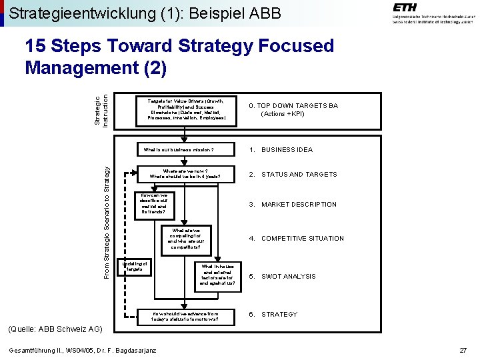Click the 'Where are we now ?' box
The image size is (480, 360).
(x=185, y=174)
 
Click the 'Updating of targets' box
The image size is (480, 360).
(x=133, y=266)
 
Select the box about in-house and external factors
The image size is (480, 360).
(x=217, y=274)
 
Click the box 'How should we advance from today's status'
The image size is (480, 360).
(x=185, y=316)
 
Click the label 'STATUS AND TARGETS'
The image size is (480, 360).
(x=299, y=175)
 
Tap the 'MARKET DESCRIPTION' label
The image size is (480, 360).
(x=299, y=205)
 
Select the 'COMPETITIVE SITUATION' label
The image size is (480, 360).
(x=302, y=238)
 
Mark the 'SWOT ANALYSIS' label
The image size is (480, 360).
(x=288, y=277)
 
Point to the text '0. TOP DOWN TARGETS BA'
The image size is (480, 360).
(x=293, y=106)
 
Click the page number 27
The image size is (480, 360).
(x=463, y=351)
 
